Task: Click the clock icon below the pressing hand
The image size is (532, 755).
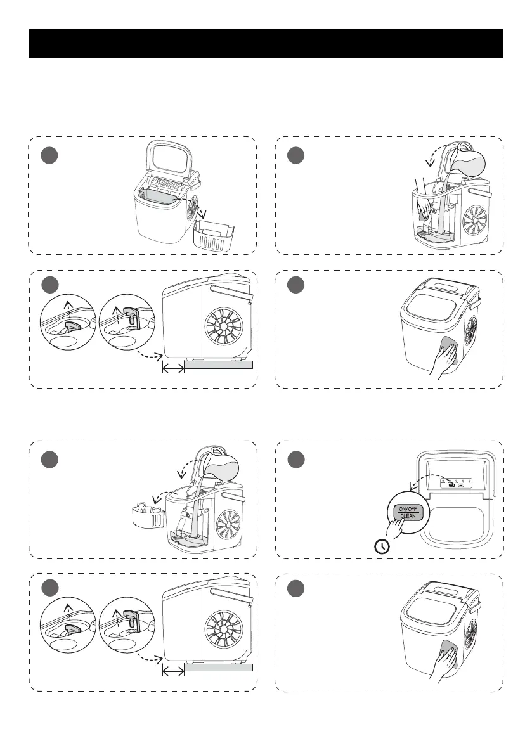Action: click(x=383, y=546)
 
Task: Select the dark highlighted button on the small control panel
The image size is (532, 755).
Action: click(x=451, y=486)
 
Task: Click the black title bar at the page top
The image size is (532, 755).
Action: click(x=266, y=43)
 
